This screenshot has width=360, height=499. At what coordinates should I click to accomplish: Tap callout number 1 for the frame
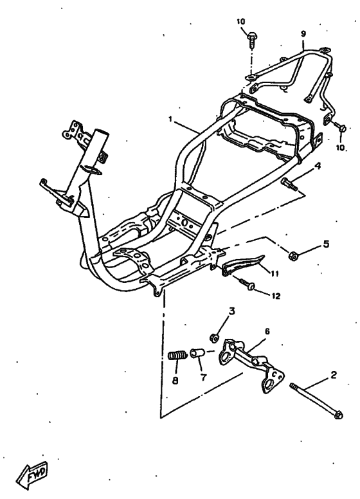[x=170, y=119]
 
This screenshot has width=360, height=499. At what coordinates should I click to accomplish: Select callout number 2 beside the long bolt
[x=333, y=375]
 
